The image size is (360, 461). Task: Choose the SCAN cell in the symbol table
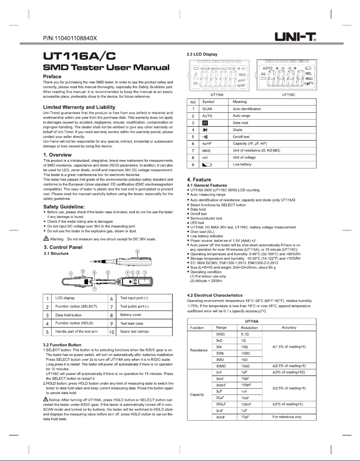pyautogui.click(x=207, y=109)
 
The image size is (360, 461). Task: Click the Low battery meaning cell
pyautogui.click(x=242, y=165)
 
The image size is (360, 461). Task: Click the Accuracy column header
pyautogui.click(x=289, y=328)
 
